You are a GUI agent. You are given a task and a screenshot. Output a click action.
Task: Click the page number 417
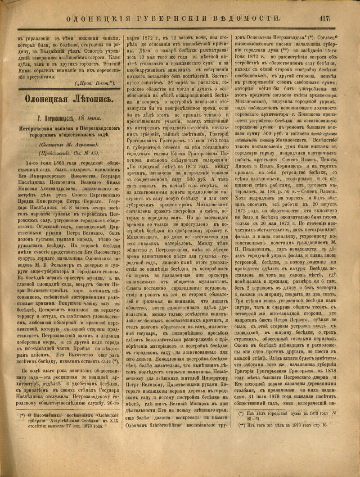pos(324,18)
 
